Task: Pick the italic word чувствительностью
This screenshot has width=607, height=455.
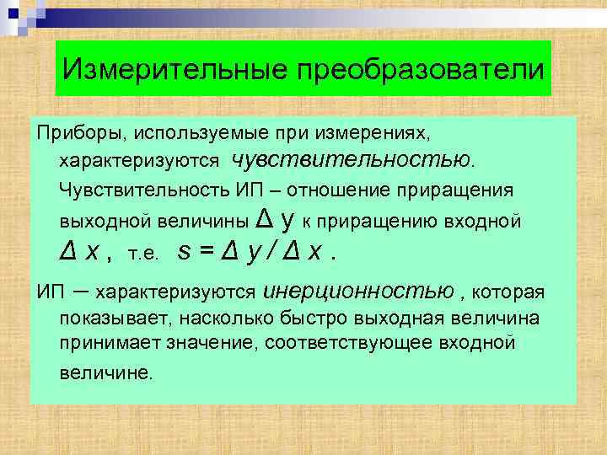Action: pyautogui.click(x=353, y=159)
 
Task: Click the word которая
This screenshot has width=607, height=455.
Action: pyautogui.click(x=509, y=292)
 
